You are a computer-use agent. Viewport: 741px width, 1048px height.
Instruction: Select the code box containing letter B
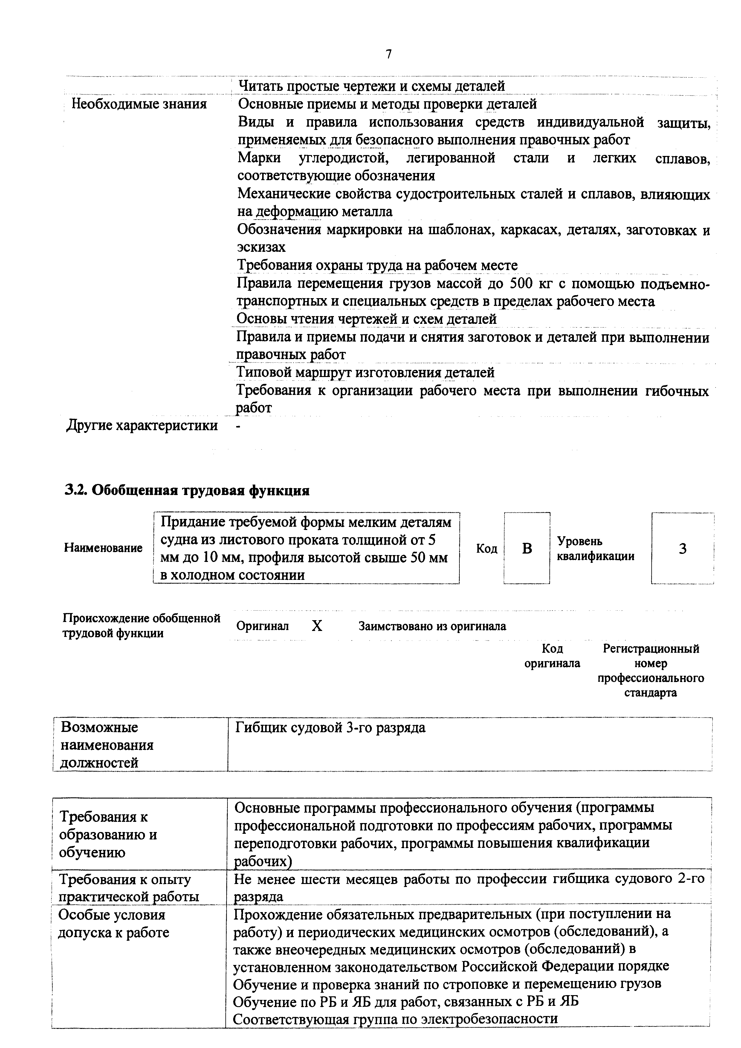coord(527,548)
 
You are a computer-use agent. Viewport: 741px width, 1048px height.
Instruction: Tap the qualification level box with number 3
coord(682,548)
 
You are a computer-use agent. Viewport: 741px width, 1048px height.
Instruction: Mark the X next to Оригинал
coord(317,626)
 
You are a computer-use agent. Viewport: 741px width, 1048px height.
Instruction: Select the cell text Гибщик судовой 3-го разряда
coord(330,727)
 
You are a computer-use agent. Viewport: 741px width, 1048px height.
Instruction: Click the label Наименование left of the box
coord(103,548)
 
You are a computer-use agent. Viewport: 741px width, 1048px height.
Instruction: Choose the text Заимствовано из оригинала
coord(432,626)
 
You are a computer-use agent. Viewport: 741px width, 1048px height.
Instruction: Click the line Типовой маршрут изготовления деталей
coord(365,373)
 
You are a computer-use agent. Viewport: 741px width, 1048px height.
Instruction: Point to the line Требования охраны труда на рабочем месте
coord(377,265)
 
